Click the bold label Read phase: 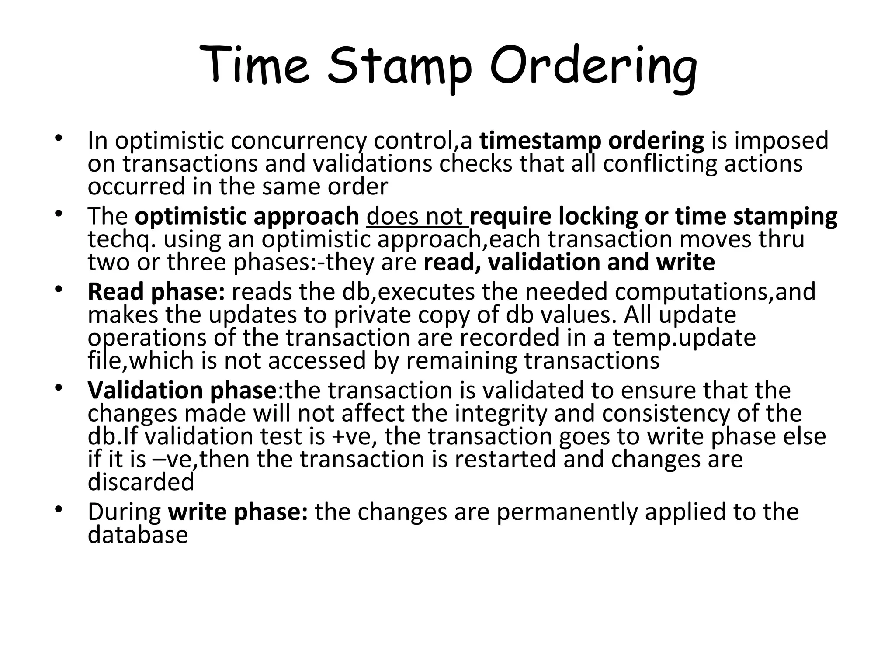point(156,292)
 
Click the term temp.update point(684,338)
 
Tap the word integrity point(501,413)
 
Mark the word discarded point(141,482)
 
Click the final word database point(138,534)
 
